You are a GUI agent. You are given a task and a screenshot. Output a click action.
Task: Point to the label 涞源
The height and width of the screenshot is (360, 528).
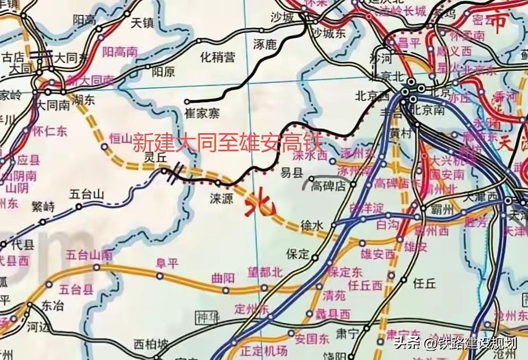pos(221,199)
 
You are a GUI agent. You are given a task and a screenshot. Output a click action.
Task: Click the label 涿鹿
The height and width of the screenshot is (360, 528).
pos(266,57)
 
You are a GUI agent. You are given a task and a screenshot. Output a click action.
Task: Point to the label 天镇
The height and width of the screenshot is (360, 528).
pos(142,23)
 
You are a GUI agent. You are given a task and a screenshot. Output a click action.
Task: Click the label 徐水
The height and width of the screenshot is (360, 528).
pos(312,225)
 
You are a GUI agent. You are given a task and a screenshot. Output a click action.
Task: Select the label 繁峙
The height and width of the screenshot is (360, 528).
pos(42,207)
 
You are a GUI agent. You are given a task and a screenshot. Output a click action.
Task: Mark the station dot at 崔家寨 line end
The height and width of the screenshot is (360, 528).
pos(186,101)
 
